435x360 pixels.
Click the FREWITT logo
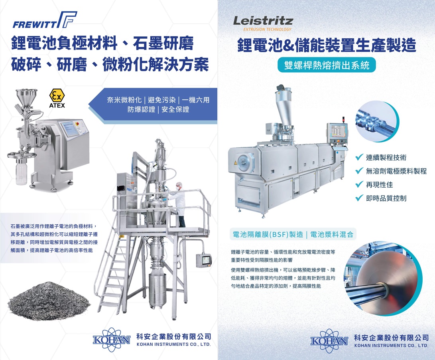click(x=45, y=20)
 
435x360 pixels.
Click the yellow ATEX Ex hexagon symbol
click(x=57, y=95)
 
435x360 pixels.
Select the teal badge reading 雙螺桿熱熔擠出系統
click(x=327, y=65)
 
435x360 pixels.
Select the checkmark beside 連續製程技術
click(x=359, y=158)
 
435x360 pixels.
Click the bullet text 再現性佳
click(x=379, y=185)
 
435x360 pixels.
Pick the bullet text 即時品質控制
click(x=386, y=198)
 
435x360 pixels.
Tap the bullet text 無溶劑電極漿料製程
click(x=396, y=171)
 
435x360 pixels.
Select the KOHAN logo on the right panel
click(x=329, y=341)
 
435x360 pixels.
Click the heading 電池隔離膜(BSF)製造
click(x=268, y=234)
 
